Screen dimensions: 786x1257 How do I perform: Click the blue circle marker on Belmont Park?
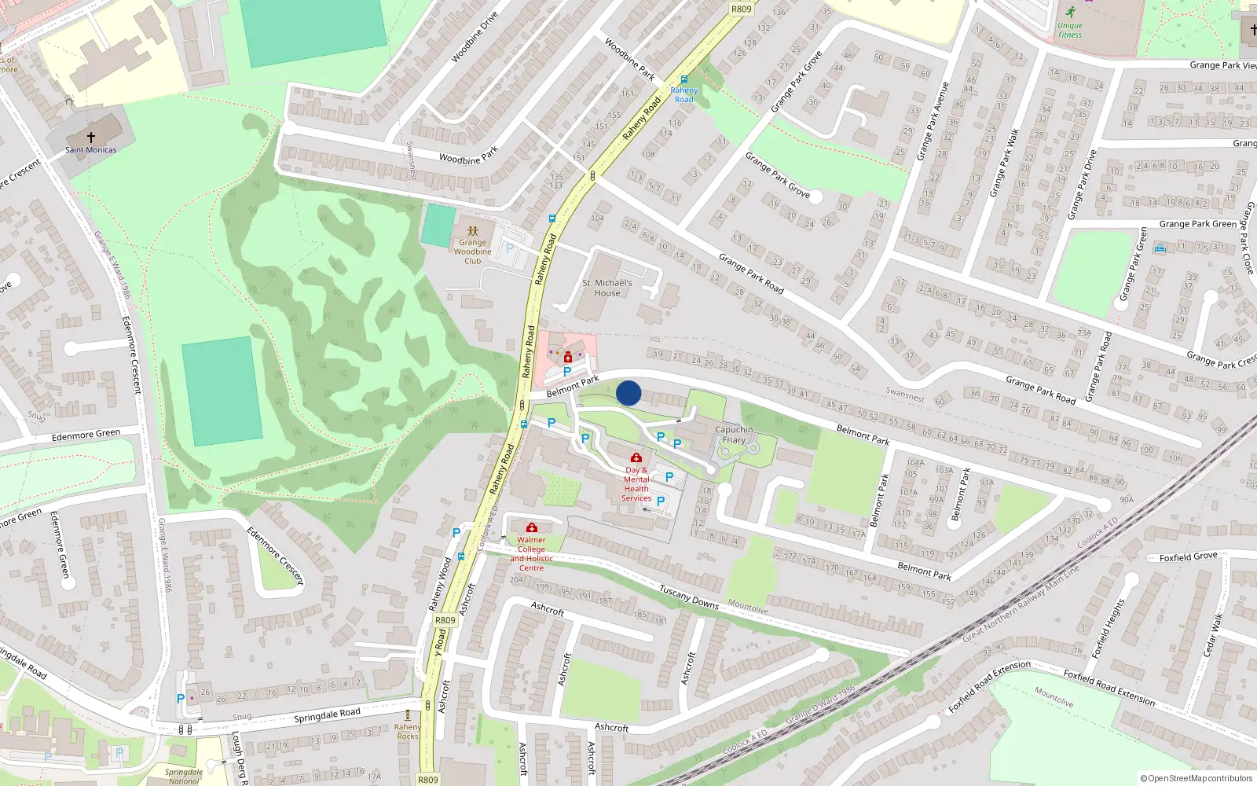628,393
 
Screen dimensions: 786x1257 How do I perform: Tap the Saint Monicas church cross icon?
91,138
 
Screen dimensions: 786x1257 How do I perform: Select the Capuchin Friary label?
734,435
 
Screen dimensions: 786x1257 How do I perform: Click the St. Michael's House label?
607,288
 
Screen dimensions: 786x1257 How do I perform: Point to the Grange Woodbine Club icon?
472,231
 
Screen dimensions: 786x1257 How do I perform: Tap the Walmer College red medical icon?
532,527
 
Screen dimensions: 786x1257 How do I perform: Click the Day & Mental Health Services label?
636,483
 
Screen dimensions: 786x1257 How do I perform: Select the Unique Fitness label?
1069,30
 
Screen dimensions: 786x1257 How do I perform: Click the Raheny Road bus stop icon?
684,79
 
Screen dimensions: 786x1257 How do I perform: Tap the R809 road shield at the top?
741,9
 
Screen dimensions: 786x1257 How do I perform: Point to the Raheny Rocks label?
407,732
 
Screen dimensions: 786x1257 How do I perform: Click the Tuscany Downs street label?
688,597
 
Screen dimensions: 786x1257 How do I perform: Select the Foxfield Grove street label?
1188,556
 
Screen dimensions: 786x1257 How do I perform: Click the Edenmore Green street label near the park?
86,435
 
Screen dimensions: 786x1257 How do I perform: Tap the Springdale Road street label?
327,715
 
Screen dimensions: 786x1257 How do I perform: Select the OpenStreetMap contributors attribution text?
1196,778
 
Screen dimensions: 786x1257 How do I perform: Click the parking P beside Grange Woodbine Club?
510,248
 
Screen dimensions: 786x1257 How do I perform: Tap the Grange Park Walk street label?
1003,163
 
